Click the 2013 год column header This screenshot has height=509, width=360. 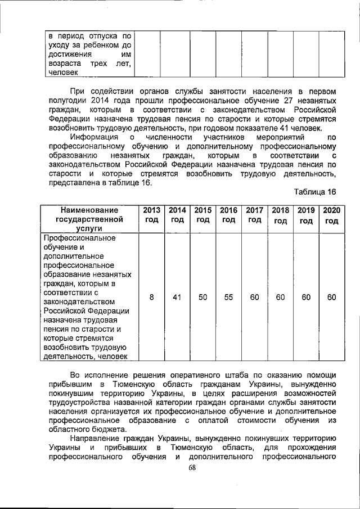151,215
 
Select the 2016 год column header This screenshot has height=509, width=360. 228,215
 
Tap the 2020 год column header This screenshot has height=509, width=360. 332,215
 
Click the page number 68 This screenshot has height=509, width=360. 192,467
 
